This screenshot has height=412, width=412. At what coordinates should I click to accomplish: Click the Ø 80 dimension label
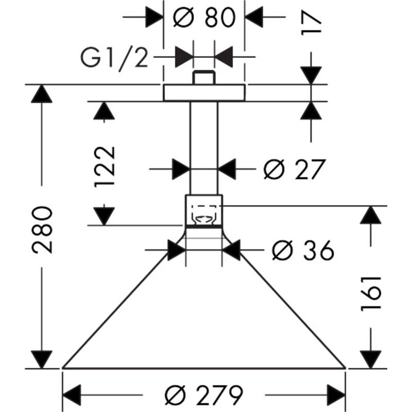coord(204,18)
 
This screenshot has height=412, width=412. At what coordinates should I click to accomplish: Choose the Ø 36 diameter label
coord(302,251)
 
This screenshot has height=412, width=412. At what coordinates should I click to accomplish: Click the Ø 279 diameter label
coord(203,396)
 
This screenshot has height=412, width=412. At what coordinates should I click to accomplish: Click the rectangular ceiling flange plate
coord(204,93)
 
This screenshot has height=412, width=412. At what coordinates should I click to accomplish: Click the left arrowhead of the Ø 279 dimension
coord(71,396)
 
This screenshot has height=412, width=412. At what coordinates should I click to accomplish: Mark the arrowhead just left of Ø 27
coord(181,168)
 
